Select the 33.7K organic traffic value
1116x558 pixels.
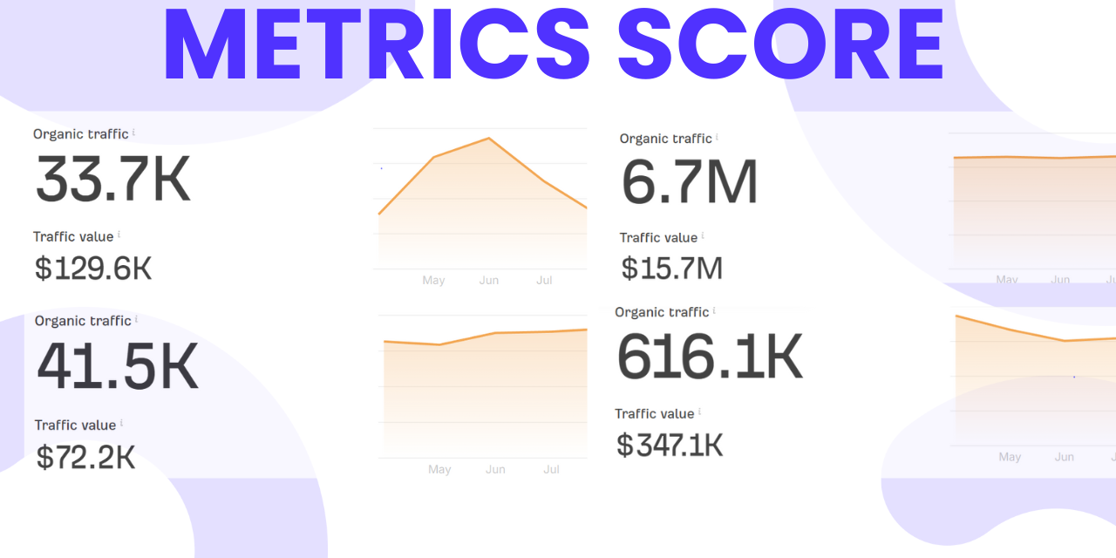point(112,179)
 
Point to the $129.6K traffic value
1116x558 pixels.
point(93,269)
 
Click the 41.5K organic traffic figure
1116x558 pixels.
point(118,366)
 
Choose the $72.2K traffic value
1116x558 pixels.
point(85,457)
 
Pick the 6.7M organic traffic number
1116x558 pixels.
point(690,181)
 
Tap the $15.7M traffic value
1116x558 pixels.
point(671,268)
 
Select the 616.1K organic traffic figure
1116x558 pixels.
point(709,357)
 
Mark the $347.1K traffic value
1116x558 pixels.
point(670,446)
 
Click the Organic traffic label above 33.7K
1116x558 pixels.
point(80,134)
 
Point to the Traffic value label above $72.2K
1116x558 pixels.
point(75,425)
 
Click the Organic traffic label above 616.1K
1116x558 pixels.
point(662,312)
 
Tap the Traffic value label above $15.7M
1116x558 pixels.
point(658,237)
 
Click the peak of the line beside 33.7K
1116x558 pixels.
point(489,139)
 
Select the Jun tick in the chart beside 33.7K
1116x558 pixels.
point(489,280)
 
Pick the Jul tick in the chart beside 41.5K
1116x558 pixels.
point(551,469)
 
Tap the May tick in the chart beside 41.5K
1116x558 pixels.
point(439,469)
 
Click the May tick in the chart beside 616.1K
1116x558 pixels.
point(1010,457)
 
